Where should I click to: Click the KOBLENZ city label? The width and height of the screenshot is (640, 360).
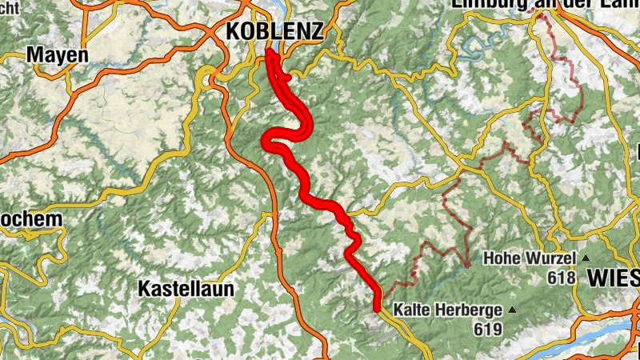[275, 31]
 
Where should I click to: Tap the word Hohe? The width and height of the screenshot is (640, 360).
[502, 259]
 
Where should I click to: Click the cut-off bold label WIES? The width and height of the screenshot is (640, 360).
[614, 278]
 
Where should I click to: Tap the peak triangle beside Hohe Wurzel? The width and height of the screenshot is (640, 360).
[586, 258]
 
